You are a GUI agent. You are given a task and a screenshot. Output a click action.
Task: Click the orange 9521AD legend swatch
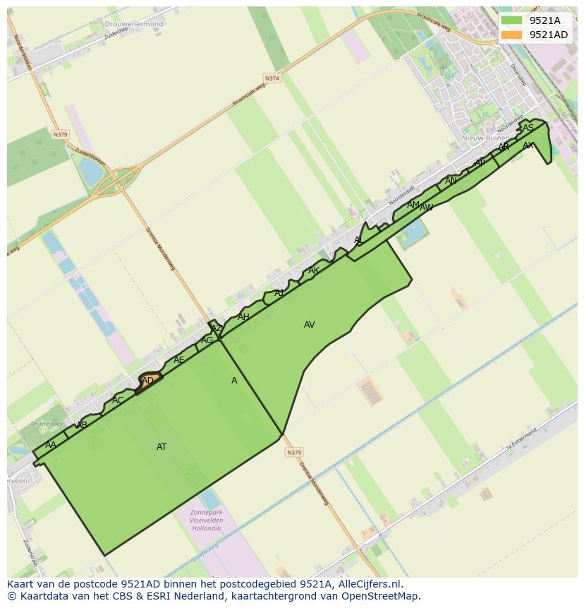pyautogui.click(x=512, y=35)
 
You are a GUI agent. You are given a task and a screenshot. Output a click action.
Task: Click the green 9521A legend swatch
pyautogui.click(x=512, y=20)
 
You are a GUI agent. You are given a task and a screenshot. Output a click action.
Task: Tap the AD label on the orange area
pyautogui.click(x=147, y=381)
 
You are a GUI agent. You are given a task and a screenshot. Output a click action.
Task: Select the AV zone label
pyautogui.click(x=309, y=325)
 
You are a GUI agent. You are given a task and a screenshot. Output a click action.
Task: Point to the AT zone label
pyautogui.click(x=162, y=447)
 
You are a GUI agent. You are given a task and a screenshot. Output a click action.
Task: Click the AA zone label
pyautogui.click(x=50, y=445)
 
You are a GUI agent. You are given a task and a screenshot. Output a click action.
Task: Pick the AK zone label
pyautogui.click(x=313, y=270)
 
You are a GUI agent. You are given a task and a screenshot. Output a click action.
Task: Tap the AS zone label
pyautogui.click(x=528, y=128)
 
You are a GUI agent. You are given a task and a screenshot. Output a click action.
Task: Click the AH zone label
pyautogui.click(x=243, y=317)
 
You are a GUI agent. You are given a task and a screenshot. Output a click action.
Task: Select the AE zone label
pyautogui.click(x=178, y=360)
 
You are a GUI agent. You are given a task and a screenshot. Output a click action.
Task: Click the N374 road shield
pyautogui.click(x=272, y=78)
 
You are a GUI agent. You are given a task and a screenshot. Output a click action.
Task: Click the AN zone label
pyautogui.click(x=451, y=181)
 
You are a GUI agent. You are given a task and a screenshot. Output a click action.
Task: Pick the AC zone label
pyautogui.click(x=118, y=400)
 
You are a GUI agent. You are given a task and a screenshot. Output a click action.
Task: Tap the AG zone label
pyautogui.click(x=207, y=340)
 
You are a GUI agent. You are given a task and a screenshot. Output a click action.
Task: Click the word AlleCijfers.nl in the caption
pyautogui.click(x=368, y=584)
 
